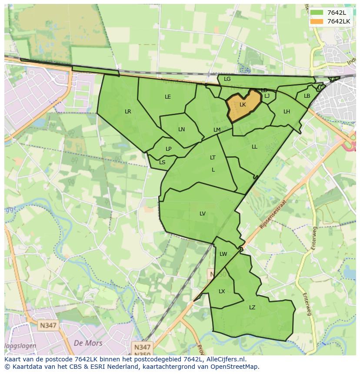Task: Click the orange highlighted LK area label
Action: [x=243, y=105]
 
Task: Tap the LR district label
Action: [x=128, y=112]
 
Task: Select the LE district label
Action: [x=168, y=97]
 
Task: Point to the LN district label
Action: [x=182, y=129]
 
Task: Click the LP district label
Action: [x=169, y=149]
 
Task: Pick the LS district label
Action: [x=162, y=162]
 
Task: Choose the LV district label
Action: [x=203, y=213]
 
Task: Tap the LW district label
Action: [x=223, y=254]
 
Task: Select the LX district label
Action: [x=222, y=291]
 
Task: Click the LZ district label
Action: [x=252, y=308]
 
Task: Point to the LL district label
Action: [x=254, y=147]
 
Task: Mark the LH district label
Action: [x=287, y=112]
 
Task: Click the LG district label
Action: [x=227, y=79]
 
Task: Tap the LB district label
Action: [x=307, y=96]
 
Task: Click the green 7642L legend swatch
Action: [x=317, y=13]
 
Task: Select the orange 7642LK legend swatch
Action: [x=317, y=21]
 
